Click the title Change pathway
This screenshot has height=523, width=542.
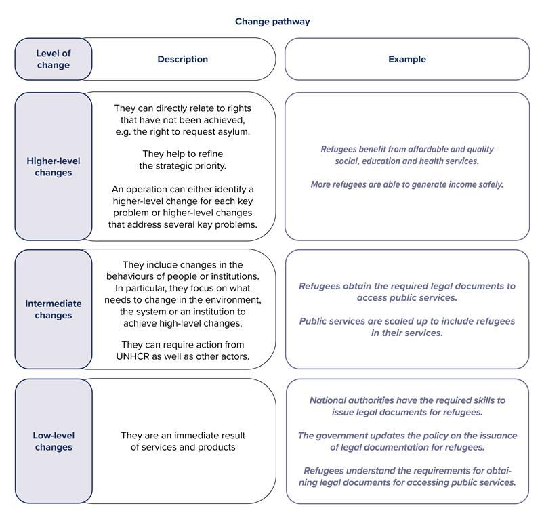coord(272,22)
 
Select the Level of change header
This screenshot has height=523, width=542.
coord(53,59)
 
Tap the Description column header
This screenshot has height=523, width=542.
coord(182,59)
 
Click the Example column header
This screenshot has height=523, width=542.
coord(406,59)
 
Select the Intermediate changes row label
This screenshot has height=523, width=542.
coord(53,310)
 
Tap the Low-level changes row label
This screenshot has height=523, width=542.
coord(53,441)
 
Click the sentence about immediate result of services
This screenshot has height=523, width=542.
coord(183,441)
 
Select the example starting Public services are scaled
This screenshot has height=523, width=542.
coord(406,327)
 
